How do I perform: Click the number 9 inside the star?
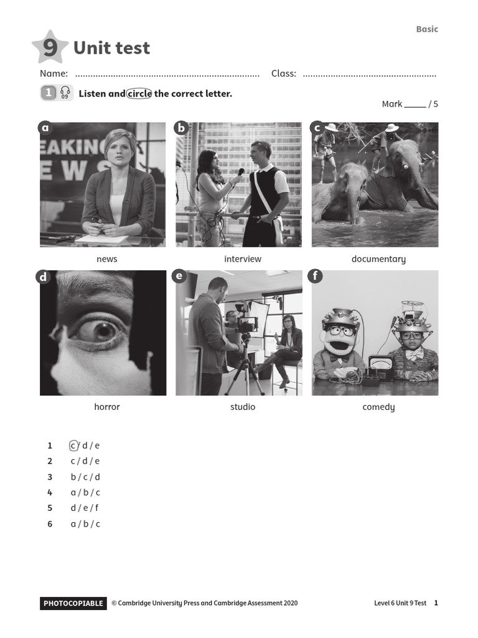coord(50,48)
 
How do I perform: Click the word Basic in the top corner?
coord(427,29)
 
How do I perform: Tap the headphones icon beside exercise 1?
coord(65,93)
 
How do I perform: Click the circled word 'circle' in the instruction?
coord(139,93)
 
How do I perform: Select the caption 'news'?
coord(106,259)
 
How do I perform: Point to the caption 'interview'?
coord(243,259)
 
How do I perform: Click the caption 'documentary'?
coord(378,259)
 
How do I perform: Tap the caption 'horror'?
coord(106,407)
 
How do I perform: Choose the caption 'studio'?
coord(243,407)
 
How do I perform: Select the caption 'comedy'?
coord(378,407)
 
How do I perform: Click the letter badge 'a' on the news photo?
coord(45,128)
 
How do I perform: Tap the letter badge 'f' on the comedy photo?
coord(316,276)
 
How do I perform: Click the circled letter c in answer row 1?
coord(73,445)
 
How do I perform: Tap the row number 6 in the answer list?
coord(50,524)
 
